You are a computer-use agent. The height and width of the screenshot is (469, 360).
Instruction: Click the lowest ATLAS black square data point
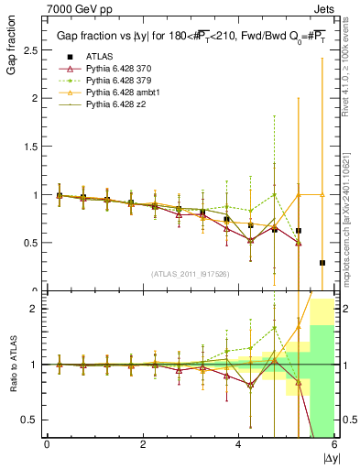[322, 263]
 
